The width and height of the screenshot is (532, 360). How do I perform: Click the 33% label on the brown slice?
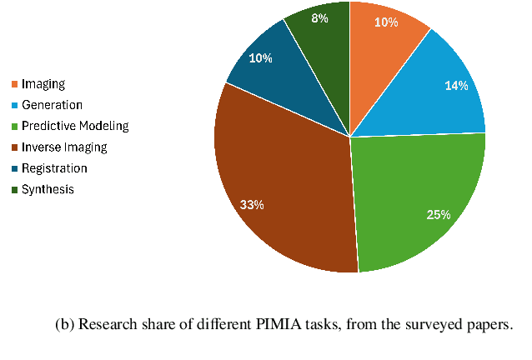click(x=253, y=205)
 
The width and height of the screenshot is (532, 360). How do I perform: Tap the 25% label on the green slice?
click(x=439, y=215)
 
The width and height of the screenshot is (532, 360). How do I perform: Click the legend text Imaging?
click(x=43, y=84)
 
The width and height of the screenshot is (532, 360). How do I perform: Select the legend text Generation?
click(x=52, y=105)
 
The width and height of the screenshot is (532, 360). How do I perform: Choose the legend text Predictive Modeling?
click(x=75, y=126)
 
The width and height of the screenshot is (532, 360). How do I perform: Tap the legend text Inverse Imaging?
click(x=64, y=147)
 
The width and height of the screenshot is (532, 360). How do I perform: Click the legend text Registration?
click(x=54, y=168)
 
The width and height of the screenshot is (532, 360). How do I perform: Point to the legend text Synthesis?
click(x=48, y=189)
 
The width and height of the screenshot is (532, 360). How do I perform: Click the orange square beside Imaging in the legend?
click(x=14, y=84)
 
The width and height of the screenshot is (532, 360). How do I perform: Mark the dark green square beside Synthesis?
click(x=14, y=189)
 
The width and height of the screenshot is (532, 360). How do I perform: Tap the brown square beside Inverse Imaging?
click(x=14, y=147)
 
